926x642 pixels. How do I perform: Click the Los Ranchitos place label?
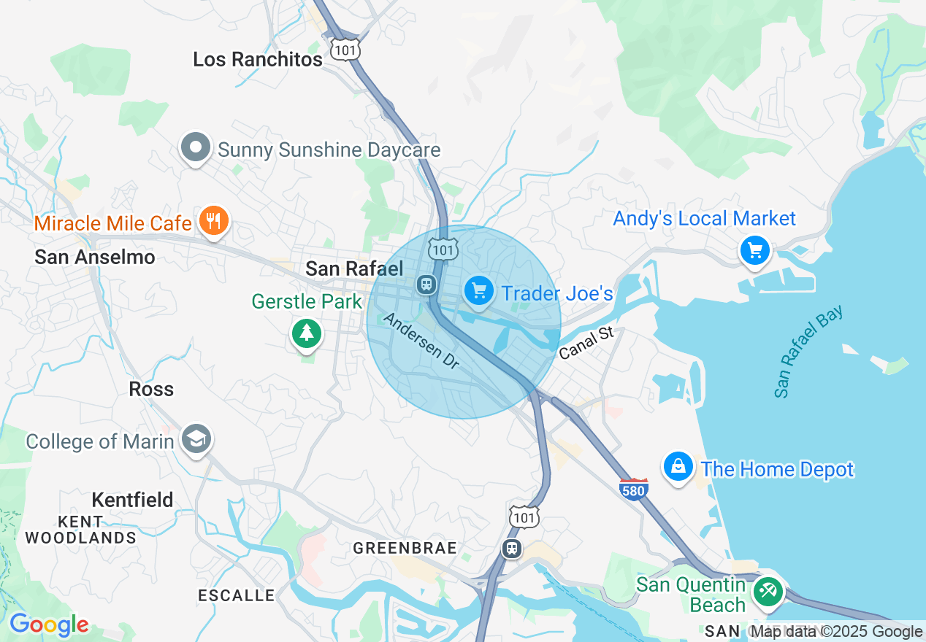[x=257, y=60]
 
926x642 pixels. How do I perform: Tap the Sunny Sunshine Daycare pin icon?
[x=195, y=148]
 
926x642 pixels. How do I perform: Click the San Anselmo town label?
[x=95, y=257]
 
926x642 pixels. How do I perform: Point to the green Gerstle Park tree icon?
[x=307, y=333]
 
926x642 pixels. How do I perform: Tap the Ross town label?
[x=151, y=389]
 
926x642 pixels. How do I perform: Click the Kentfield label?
[x=132, y=500]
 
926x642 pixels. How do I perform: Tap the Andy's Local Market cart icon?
[x=754, y=251]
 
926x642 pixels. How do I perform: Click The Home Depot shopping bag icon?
[x=678, y=466]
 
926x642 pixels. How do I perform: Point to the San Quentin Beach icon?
[x=767, y=591]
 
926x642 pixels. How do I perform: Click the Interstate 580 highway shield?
[x=632, y=490]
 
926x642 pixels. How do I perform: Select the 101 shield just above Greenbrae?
[x=524, y=517]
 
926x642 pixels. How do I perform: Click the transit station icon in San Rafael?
[x=426, y=285]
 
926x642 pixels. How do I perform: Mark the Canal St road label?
[x=586, y=343]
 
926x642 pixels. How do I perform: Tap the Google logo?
[x=48, y=624]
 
